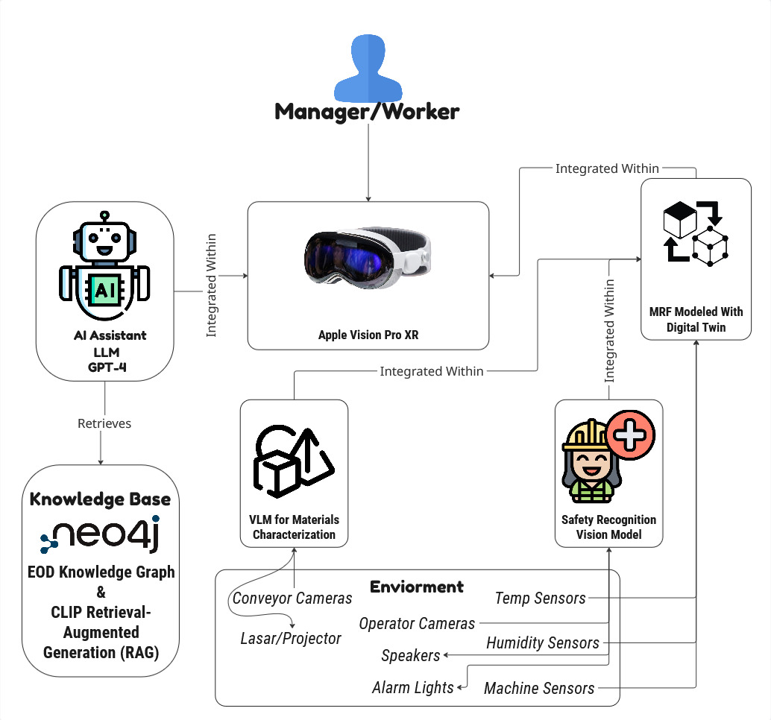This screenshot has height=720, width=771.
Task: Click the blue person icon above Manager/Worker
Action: pos(367,68)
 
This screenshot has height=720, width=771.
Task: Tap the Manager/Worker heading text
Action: pos(367,112)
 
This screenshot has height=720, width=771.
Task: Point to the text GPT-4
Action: pos(104,365)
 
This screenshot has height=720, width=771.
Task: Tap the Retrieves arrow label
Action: pos(104,423)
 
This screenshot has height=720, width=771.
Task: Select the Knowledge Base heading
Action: pos(100,499)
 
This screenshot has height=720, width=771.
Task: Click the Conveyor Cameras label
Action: pos(292,599)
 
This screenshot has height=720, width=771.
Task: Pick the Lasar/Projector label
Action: pos(291,638)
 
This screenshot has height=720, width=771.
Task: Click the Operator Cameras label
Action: pos(417,623)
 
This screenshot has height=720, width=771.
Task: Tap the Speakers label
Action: pos(410,656)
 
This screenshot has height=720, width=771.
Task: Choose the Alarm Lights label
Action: pos(412,687)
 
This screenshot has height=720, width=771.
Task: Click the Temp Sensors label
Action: pos(540,598)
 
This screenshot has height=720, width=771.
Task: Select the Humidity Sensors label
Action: pos(543,642)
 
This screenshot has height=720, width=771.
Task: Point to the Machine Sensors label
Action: pos(539,688)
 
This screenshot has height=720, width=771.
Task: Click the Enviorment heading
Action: pos(416,587)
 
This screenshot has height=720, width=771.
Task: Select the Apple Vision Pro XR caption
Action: pos(368,335)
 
